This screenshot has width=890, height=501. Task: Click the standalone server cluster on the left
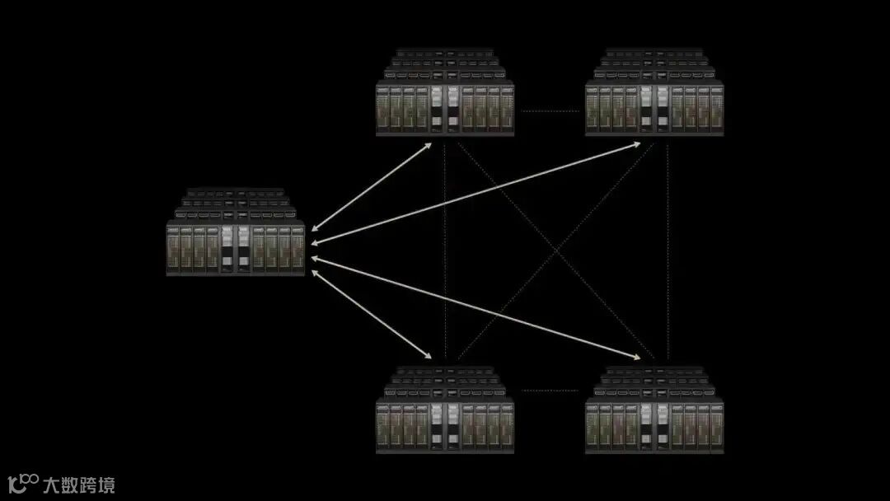(x=236, y=234)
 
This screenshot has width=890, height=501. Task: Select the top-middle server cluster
(x=445, y=94)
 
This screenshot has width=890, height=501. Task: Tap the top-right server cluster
(x=654, y=94)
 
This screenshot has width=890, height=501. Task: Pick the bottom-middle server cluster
(x=445, y=412)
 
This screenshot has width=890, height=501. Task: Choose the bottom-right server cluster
(x=654, y=412)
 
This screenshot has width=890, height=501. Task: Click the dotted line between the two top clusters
(x=550, y=110)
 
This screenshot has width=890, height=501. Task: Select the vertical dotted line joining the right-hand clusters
(x=667, y=247)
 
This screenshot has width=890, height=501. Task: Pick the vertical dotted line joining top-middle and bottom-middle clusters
(x=445, y=247)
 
